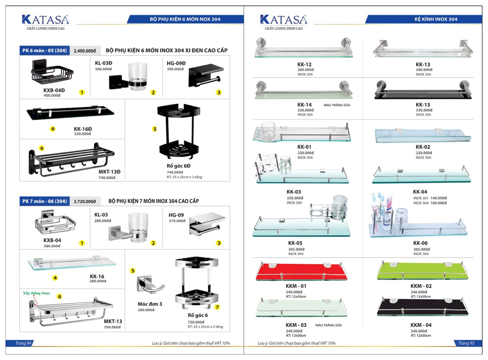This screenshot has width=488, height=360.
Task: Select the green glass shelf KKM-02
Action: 422,272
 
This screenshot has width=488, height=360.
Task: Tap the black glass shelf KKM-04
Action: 422,308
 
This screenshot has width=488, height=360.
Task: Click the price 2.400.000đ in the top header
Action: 85,51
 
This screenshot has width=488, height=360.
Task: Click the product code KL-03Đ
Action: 103,63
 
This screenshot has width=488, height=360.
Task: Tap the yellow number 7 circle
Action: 217,307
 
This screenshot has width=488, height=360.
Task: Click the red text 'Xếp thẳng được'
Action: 36,293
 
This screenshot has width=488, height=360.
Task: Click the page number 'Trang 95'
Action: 466,343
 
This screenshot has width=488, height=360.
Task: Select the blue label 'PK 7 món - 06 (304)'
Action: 45,201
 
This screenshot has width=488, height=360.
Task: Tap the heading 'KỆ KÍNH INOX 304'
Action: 436,19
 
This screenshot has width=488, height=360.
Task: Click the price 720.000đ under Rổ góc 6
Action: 196,322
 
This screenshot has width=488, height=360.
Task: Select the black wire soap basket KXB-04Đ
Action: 52,75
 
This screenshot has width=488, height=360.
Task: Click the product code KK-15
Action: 423,105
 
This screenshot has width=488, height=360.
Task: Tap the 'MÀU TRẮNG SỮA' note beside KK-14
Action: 337,105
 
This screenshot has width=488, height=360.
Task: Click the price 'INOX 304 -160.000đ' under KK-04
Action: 430,203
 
